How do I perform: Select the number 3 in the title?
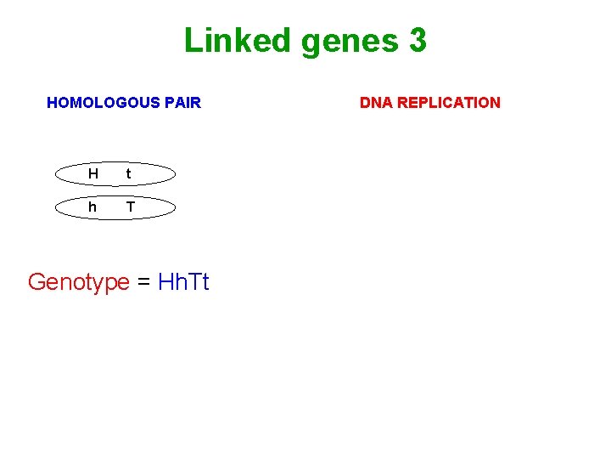pos(417,40)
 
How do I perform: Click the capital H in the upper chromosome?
pos(92,174)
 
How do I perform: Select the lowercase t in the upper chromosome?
pos(128,174)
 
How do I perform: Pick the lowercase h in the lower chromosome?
pos(92,207)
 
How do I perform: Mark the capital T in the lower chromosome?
pos(130,207)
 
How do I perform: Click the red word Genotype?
pos(78,282)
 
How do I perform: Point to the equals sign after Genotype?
pos(144,282)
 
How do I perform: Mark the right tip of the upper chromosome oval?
pos(176,174)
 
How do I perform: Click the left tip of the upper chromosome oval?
pos(55,174)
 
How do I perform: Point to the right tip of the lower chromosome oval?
pos(176,207)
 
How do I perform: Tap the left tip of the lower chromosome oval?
pos(55,207)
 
